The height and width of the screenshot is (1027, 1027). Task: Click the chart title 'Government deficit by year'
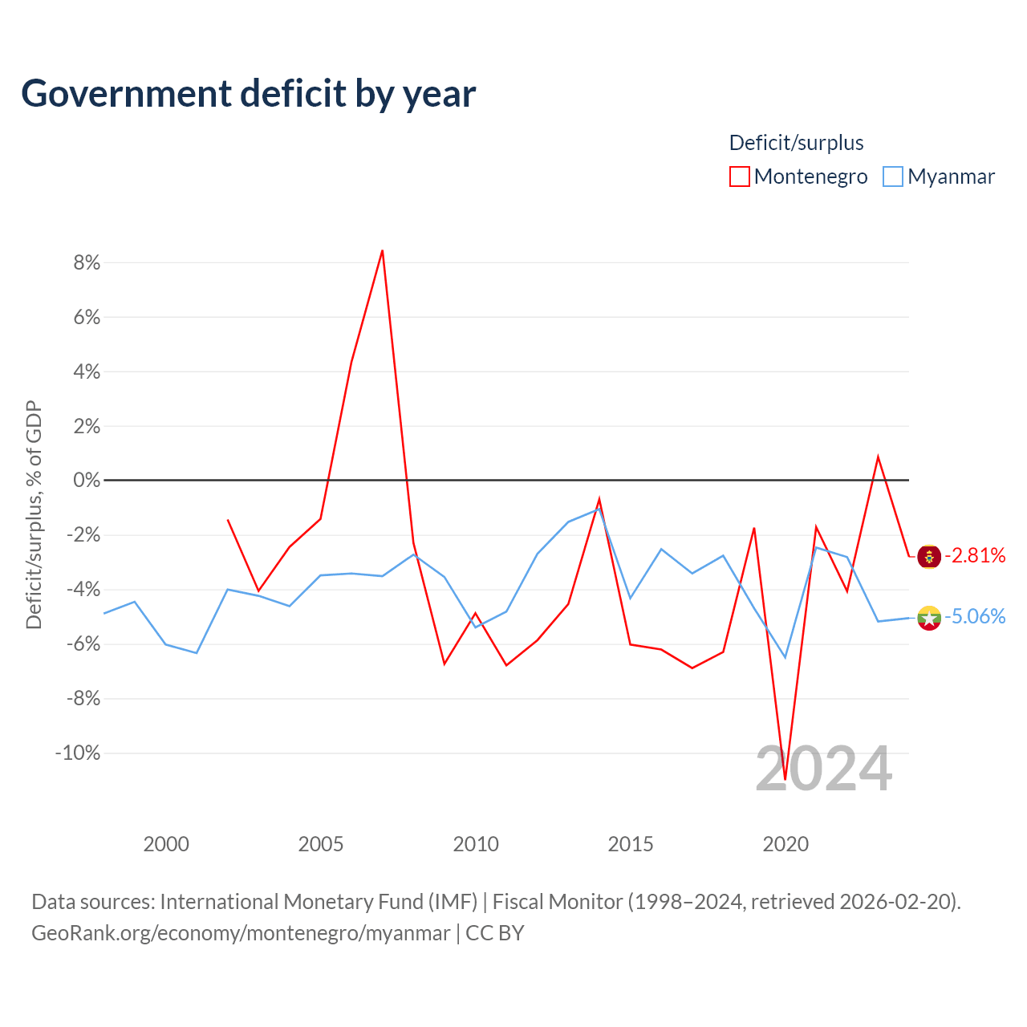point(248,94)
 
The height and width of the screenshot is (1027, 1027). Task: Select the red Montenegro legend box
point(739,177)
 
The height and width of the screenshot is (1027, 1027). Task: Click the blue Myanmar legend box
point(893,177)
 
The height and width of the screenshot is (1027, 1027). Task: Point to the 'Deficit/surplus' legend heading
point(796,143)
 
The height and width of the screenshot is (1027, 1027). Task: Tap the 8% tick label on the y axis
point(87,262)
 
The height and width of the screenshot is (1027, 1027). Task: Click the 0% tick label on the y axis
point(87,480)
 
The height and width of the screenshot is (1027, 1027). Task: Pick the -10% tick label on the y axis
point(78,753)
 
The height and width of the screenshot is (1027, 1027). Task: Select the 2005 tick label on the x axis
point(321,844)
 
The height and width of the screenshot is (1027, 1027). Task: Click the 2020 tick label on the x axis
point(785,844)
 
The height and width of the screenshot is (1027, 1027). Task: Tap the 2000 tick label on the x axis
point(166,844)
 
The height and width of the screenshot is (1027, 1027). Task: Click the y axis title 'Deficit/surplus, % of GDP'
point(35,515)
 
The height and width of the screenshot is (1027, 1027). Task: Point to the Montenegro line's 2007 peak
point(382,250)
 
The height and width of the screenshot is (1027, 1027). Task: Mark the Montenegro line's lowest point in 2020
point(785,779)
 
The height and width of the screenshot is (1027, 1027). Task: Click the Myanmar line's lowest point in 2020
point(785,658)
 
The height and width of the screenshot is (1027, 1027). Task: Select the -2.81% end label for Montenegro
point(976,556)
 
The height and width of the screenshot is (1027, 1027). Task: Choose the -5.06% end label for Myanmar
point(976,617)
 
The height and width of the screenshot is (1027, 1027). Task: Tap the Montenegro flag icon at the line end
point(929,557)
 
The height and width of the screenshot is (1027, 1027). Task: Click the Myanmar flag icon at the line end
point(929,619)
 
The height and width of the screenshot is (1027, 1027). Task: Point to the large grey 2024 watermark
point(824,769)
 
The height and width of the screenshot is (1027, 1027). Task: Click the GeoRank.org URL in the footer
point(241,933)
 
